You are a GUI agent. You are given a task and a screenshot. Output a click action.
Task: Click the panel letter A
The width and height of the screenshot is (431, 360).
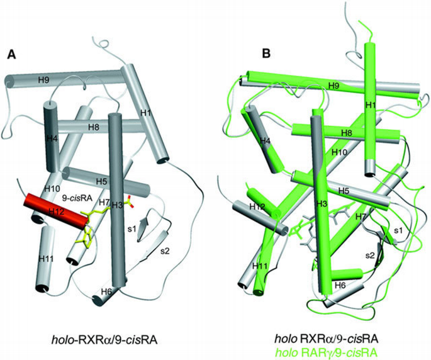(x=11, y=55)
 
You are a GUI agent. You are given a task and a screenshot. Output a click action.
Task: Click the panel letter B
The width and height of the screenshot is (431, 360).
(x=266, y=55)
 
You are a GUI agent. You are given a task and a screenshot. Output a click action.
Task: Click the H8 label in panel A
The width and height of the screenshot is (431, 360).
(x=94, y=127)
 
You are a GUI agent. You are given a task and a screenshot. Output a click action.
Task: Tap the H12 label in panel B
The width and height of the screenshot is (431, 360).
(x=257, y=206)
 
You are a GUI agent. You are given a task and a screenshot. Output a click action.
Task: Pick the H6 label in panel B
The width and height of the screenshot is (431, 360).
(x=340, y=285)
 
